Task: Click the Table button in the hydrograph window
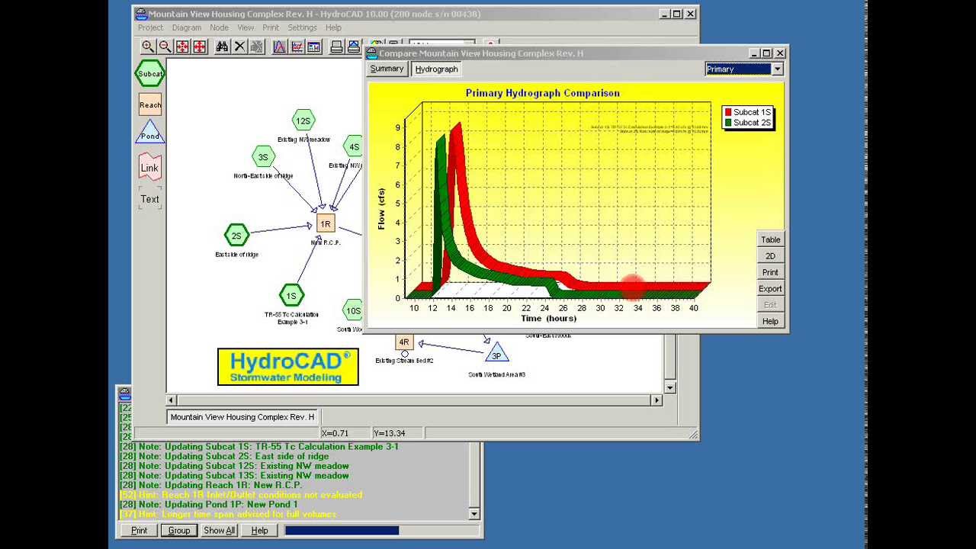coord(770,239)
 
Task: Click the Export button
coord(770,289)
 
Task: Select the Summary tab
coord(387,69)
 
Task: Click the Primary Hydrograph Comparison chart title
coord(542,93)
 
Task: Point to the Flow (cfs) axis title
coord(381,209)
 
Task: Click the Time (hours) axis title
coord(548,318)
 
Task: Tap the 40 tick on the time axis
coord(693,308)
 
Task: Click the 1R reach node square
coord(326,223)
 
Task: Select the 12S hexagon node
coord(303,120)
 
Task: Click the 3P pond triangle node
coord(496,354)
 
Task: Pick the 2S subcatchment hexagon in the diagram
coord(236,236)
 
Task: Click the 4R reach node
coord(404,342)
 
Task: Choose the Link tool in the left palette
coord(149,168)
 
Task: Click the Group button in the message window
coord(179,530)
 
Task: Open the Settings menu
coord(302,27)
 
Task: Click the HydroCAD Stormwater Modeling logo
coord(288,366)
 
